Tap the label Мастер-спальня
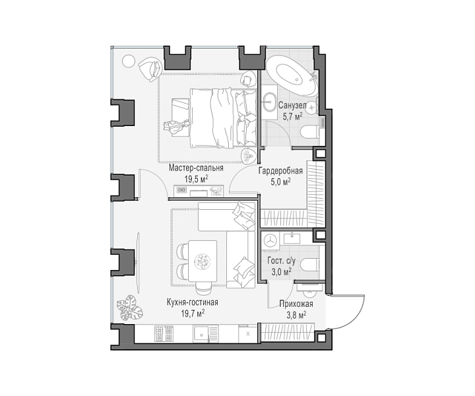pos(196,168)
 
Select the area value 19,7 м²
pos(193,313)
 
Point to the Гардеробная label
pos(280,170)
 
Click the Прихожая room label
pos(296,304)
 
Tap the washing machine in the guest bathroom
pos(270,241)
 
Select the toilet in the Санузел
pos(310,133)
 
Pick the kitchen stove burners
pos(164,333)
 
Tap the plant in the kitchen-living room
pos(130,308)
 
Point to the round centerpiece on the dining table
pos(202,261)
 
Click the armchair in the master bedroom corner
pos(150,69)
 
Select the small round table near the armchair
pos(128,61)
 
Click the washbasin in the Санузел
pos(269,101)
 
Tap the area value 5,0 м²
pos(280,181)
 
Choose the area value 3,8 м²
pos(296,315)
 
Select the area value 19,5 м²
pos(196,179)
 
